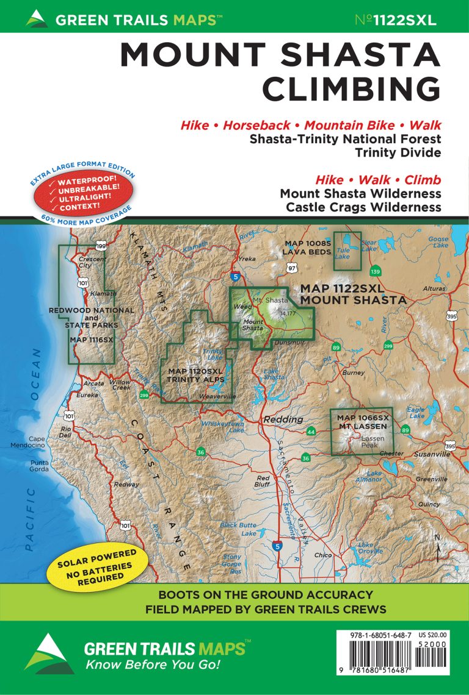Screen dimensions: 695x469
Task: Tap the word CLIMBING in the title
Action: [351, 89]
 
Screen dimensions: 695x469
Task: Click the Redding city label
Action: [283, 419]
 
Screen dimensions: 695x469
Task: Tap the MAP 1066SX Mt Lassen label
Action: [363, 421]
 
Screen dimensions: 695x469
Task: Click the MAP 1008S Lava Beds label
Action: [307, 248]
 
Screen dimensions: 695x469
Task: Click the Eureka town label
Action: [87, 395]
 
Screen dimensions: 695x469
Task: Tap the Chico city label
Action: [322, 555]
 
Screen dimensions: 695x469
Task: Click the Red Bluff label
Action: [263, 481]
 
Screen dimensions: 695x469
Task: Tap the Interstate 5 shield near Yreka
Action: [236, 277]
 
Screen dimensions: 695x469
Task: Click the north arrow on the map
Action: [438, 549]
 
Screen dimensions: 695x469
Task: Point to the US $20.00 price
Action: [433, 635]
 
